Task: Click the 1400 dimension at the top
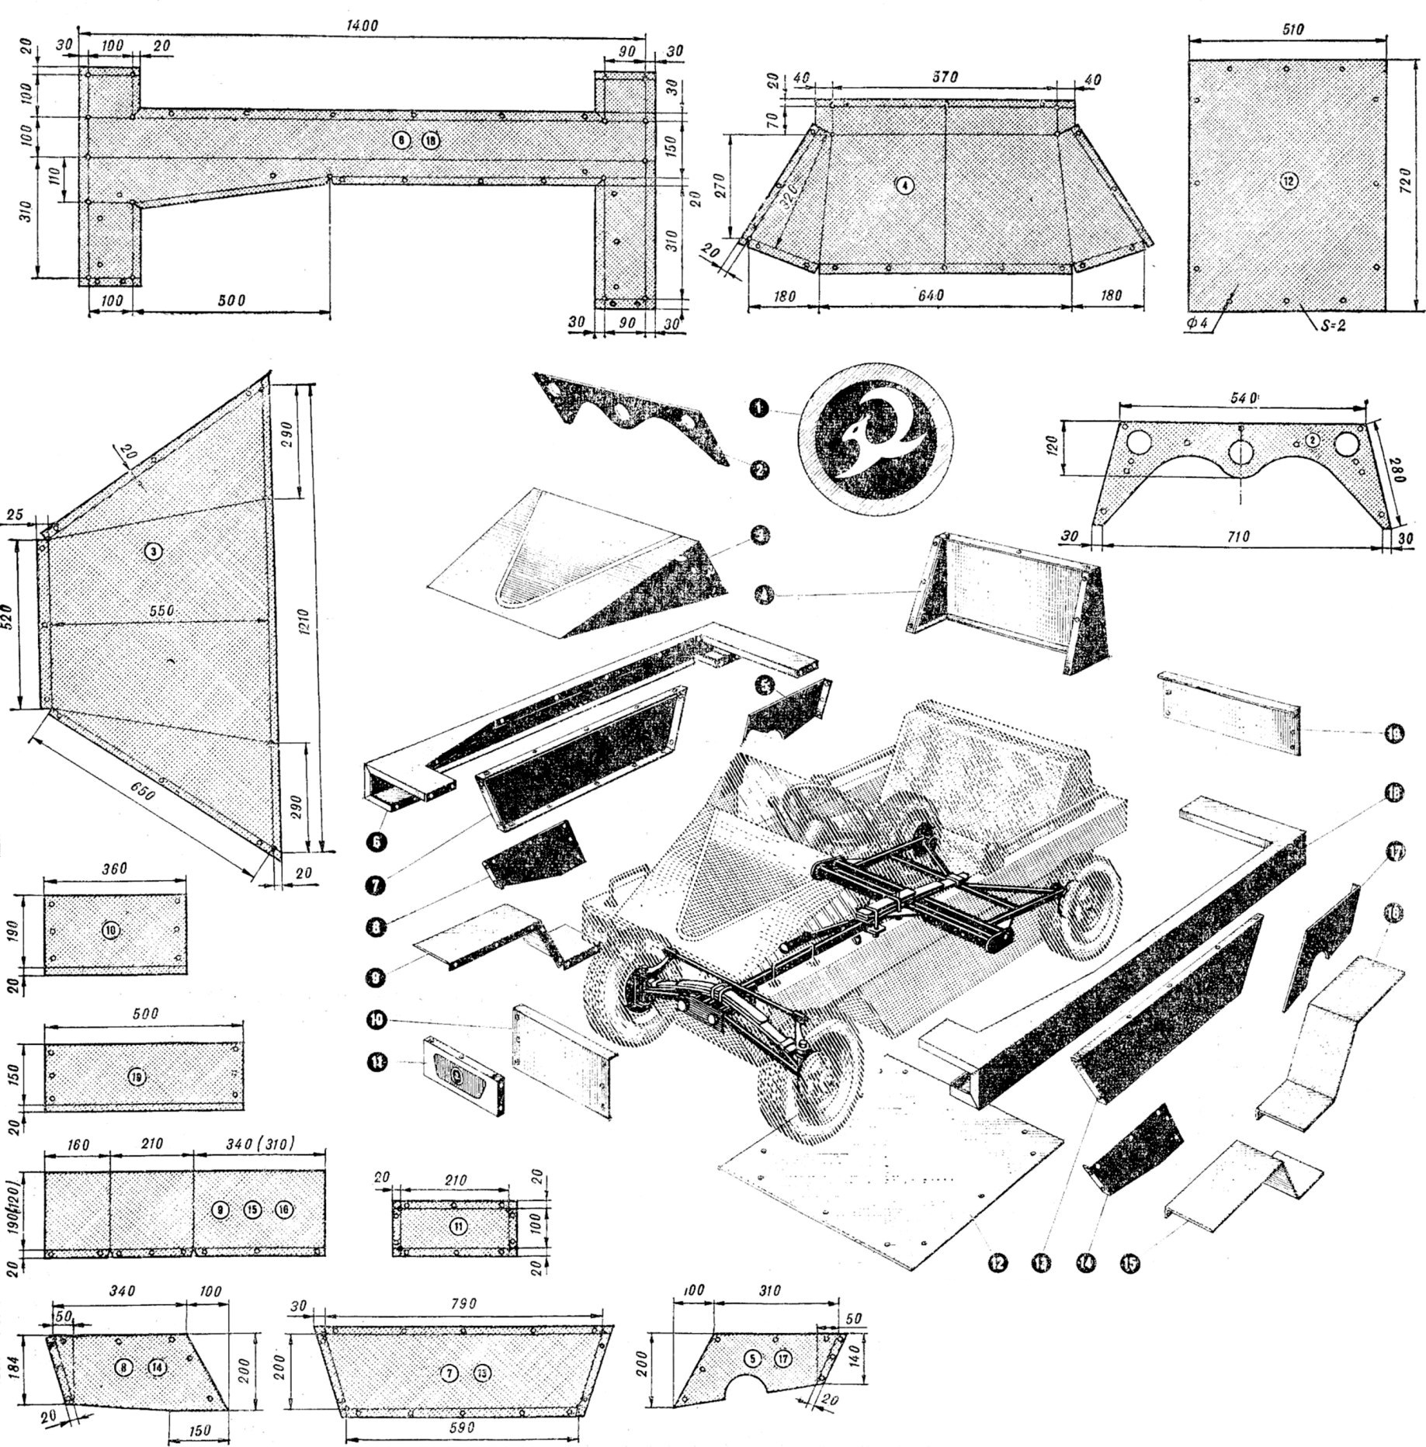(363, 25)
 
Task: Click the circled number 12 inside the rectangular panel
(1288, 181)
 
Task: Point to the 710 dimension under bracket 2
(1240, 536)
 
